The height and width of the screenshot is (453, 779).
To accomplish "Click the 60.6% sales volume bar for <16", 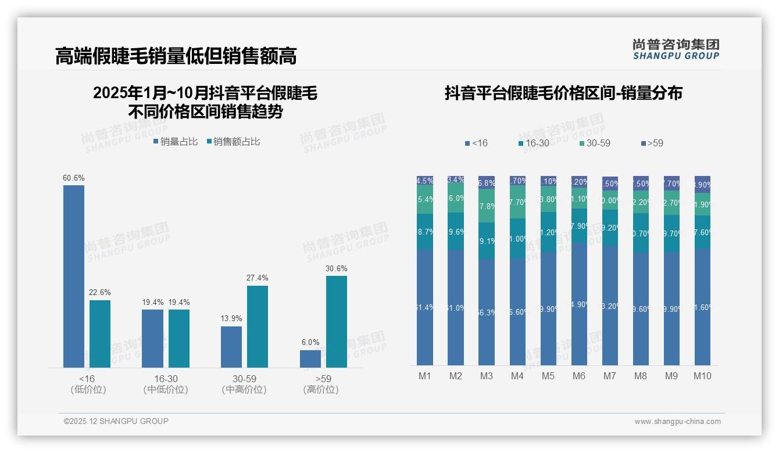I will (x=74, y=276).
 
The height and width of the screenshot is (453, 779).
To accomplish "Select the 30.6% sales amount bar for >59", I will (x=337, y=321).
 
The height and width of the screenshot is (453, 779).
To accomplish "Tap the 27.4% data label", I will (x=258, y=278).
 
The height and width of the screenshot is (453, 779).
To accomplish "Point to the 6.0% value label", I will (x=310, y=343).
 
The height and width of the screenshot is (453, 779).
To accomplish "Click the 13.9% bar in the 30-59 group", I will (x=231, y=347).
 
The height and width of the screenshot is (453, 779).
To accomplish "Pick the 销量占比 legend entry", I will (x=176, y=141).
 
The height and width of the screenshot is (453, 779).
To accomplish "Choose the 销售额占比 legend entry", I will (x=233, y=141).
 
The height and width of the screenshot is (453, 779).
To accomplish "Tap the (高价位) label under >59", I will (x=321, y=390).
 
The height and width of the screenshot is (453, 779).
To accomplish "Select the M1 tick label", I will (x=425, y=376).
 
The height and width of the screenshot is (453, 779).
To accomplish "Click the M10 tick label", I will (x=702, y=376).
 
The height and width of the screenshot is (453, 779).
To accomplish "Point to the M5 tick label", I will (x=548, y=376).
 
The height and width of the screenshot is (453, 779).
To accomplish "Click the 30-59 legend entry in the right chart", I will (x=595, y=143).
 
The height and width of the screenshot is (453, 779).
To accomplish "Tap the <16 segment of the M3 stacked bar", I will (x=487, y=312).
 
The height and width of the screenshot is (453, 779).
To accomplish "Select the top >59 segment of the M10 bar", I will (x=702, y=184).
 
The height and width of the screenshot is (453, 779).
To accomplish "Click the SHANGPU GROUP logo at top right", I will (x=676, y=49).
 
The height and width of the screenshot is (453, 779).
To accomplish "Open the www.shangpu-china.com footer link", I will (x=677, y=422).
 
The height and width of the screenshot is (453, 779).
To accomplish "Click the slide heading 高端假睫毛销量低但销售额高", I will (x=176, y=56).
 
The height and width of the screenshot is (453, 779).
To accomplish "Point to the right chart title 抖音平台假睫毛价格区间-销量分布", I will (x=563, y=93).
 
